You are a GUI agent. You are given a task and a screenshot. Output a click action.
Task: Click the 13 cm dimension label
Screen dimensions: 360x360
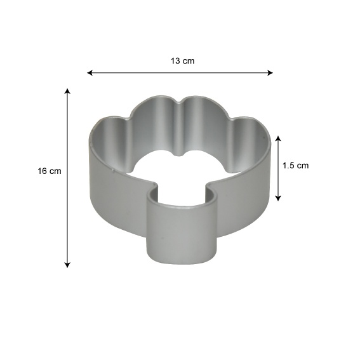point(182,61)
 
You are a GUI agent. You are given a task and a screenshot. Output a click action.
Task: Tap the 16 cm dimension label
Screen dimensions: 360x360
point(50,171)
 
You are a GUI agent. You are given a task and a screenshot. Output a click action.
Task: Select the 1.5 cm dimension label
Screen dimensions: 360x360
point(295,166)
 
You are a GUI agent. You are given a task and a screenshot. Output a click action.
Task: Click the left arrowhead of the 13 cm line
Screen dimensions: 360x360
point(90,73)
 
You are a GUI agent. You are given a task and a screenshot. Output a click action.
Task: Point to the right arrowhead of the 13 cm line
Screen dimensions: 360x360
point(270,73)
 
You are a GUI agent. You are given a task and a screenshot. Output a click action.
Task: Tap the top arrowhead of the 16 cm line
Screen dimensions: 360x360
point(67,91)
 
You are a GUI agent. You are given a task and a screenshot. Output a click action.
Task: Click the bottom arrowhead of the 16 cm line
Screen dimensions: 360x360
point(67,265)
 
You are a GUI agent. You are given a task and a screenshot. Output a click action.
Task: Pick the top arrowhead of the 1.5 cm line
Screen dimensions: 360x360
point(278,138)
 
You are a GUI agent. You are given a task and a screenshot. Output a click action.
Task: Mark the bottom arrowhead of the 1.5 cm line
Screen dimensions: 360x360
point(278,198)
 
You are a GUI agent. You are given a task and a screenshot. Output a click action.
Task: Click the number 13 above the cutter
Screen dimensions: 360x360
point(175,61)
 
